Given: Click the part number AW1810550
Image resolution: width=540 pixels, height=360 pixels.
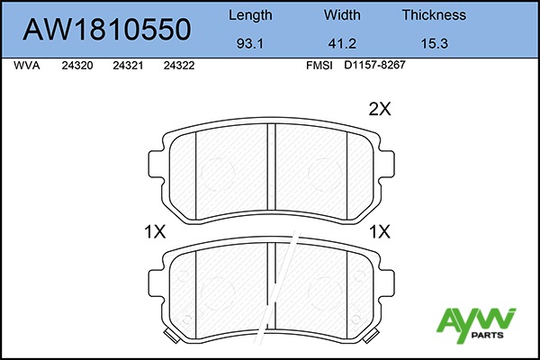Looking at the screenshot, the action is point(107,30).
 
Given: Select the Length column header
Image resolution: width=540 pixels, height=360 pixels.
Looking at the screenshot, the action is point(250,15).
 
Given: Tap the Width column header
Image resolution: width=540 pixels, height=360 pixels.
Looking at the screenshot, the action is point(342,15).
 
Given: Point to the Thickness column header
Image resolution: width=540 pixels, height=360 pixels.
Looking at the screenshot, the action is point(434,15).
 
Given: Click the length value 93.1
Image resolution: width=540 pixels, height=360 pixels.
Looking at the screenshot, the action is point(250,44).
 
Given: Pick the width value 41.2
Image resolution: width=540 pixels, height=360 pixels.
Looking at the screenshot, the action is point(342,44).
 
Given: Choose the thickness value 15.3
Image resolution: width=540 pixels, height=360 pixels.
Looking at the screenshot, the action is point(435,44).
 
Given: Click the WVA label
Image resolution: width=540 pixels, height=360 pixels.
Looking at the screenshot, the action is point(27,66).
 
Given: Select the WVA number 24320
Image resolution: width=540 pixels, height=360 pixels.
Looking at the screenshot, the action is point(77,66).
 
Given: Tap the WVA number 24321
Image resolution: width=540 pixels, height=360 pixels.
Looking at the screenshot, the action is point(128,66).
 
